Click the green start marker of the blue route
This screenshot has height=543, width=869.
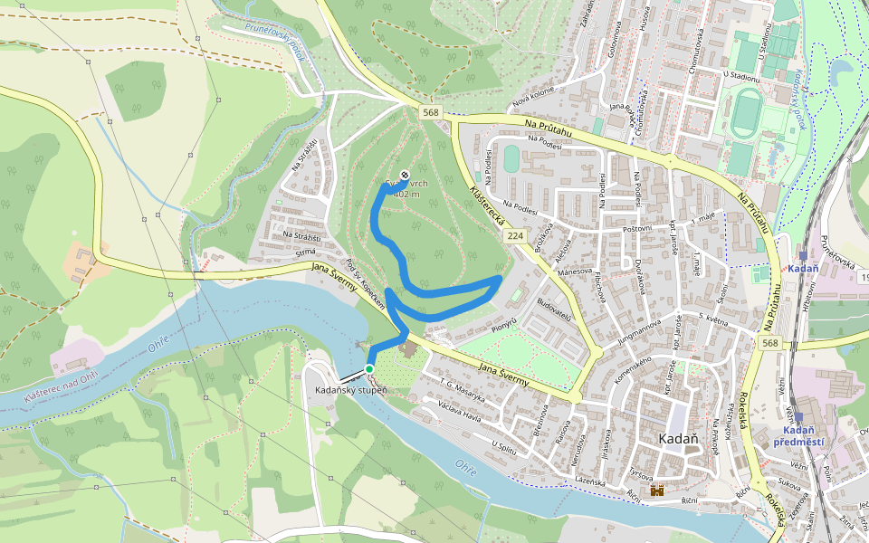369,368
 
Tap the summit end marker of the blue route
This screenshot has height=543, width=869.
404,175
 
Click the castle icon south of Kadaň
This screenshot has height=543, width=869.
657,491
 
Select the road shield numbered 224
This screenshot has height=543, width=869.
515,235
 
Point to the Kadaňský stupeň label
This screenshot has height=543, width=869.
350,390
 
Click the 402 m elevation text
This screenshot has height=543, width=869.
407,194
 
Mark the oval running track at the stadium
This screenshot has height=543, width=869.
749,112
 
